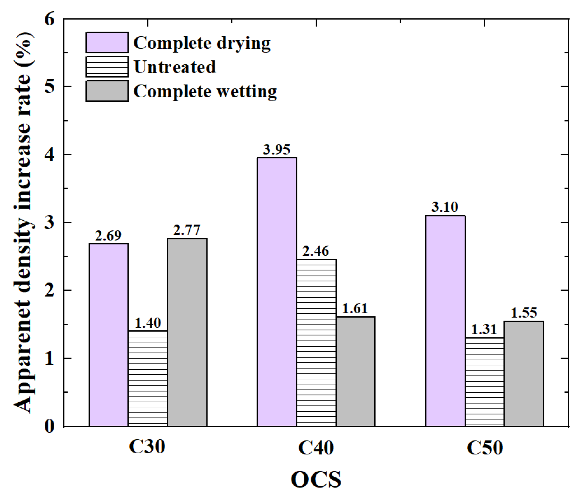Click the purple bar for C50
click(445, 321)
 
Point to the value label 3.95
click(276, 150)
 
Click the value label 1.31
click(484, 330)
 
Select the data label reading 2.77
click(187, 230)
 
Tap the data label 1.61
click(355, 309)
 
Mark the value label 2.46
click(316, 251)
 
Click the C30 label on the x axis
click(147, 447)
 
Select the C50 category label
click(485, 447)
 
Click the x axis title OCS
click(316, 479)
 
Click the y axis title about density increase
click(23, 222)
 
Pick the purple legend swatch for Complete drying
click(107, 43)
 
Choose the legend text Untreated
click(175, 67)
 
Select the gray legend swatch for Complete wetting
click(107, 91)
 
